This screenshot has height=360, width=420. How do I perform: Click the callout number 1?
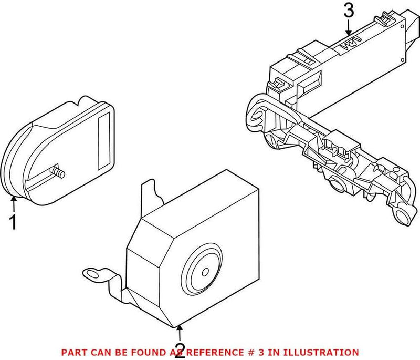(x=14, y=222)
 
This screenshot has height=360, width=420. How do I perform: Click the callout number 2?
(x=180, y=350)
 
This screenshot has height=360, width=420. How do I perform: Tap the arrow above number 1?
(x=14, y=200)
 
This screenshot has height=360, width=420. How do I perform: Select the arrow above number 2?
(x=180, y=331)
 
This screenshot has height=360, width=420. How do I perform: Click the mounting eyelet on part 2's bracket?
(x=92, y=273)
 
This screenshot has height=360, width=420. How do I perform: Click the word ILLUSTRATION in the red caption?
(x=326, y=352)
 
